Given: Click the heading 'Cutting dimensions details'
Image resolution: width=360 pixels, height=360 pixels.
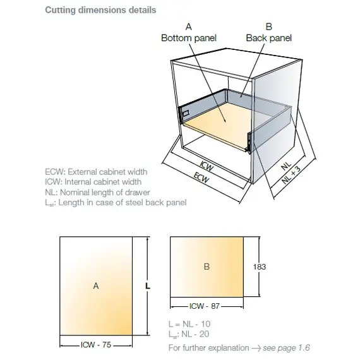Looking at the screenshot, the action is [100, 10].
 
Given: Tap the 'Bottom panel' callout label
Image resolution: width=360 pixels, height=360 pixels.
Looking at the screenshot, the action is [189, 38].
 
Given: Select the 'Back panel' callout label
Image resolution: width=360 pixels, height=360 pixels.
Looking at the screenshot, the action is [269, 38].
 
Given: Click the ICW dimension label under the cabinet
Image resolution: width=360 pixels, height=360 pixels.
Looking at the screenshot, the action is [207, 165].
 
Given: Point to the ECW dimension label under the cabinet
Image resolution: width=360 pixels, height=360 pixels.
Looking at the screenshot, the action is [201, 177].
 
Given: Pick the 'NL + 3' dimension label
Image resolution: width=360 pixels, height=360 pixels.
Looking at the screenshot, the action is [291, 175].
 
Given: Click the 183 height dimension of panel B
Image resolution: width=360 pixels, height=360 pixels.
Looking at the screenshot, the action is [260, 267].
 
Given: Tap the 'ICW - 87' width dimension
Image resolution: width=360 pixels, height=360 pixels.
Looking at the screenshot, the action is [205, 306].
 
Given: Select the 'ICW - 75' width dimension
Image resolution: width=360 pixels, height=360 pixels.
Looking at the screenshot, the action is [96, 345].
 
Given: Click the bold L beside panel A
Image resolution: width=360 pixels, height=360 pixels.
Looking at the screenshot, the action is [148, 286].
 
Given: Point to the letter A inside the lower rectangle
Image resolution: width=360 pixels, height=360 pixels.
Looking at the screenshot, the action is [96, 286].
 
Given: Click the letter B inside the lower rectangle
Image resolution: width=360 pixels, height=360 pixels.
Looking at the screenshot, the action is [207, 267].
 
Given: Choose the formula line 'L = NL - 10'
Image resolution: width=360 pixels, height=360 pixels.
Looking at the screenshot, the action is [189, 324].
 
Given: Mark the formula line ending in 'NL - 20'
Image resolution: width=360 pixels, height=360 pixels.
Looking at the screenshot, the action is [189, 334].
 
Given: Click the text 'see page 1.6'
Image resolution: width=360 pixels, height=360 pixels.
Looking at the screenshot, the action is [286, 348].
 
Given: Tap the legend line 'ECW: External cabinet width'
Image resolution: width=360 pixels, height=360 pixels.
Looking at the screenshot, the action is [96, 172].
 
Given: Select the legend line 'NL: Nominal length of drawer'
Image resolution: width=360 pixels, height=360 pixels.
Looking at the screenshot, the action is [97, 193].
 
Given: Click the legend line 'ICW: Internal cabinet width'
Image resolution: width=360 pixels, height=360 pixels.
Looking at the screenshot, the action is [93, 182].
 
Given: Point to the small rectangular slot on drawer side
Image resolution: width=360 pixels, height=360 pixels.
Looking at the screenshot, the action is [186, 113].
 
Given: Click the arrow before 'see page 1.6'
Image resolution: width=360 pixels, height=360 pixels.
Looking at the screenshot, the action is [256, 348].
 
